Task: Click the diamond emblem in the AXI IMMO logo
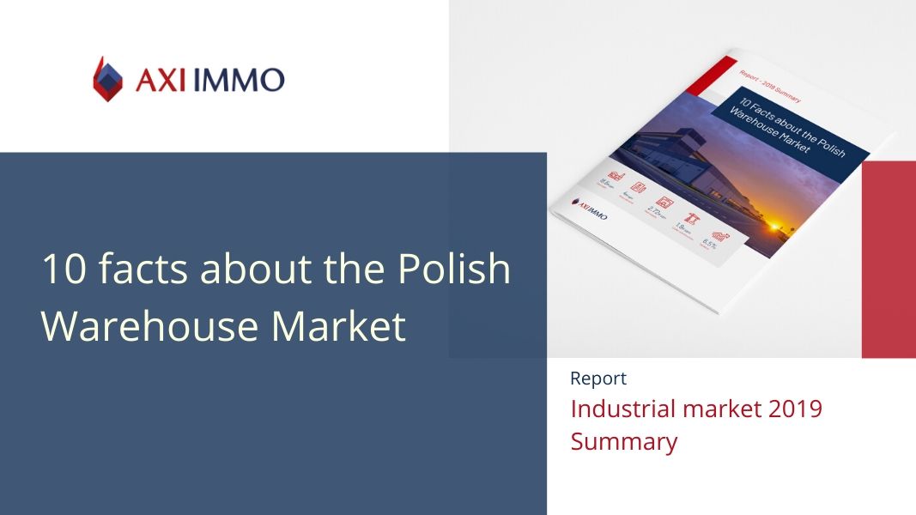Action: coord(108,80)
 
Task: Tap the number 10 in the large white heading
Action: coord(63,270)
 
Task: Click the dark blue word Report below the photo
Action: coord(598,379)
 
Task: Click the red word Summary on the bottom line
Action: coord(624,442)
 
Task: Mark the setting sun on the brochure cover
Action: coord(777,226)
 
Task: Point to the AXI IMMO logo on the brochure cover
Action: coord(590,207)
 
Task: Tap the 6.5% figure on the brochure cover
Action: coord(710,244)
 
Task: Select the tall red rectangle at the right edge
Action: coord(889,258)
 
